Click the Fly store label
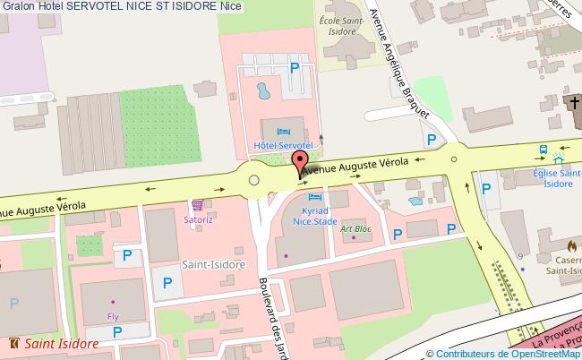click(x=113, y=317)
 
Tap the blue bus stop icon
click(x=543, y=150)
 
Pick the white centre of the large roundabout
click(x=255, y=180)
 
